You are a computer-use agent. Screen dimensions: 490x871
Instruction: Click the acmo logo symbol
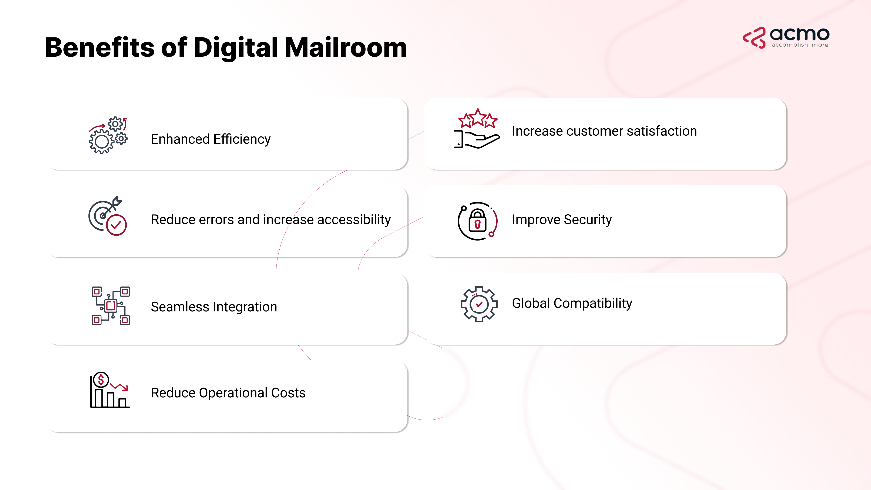[x=754, y=37]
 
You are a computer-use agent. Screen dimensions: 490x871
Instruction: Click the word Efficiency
[x=242, y=139]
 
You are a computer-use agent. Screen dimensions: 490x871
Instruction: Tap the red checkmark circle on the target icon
[x=116, y=225]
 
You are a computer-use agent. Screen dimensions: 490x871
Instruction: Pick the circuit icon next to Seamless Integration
[x=111, y=306]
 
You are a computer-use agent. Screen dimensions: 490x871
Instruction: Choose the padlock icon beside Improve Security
[x=477, y=221]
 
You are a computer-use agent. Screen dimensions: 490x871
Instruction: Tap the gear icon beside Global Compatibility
[x=479, y=304]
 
